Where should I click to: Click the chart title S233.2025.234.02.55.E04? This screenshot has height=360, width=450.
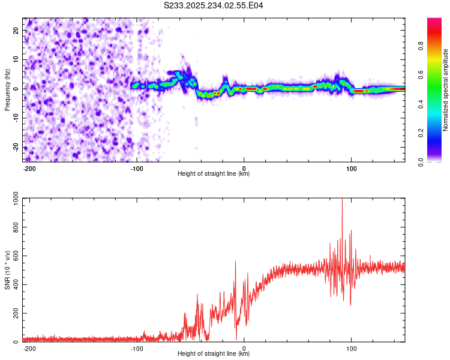214,5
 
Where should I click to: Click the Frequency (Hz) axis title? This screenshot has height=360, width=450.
7,89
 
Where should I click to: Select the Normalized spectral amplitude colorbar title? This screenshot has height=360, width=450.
445,90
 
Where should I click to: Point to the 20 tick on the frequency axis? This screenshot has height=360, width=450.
17,30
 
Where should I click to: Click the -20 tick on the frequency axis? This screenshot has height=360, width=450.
16,147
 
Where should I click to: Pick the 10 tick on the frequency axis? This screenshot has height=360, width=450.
17,59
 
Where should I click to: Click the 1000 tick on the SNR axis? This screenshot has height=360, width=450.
12,200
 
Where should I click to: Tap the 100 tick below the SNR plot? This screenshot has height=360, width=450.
352,349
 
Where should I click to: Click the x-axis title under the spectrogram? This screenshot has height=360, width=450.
214,174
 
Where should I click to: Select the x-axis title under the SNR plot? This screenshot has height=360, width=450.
214,354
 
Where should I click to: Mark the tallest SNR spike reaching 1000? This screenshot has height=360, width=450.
342,201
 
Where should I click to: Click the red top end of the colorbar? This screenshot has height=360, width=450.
434,20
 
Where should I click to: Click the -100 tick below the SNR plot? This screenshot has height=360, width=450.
137,349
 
